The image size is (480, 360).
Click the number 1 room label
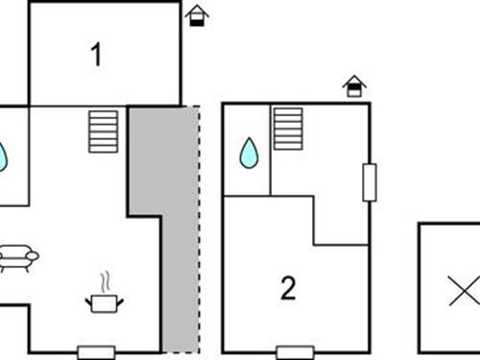(96, 56)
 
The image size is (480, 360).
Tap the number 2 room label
(288, 288)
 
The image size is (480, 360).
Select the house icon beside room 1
(197, 15)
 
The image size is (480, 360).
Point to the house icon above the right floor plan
(355, 87)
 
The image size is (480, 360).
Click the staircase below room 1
(103, 132)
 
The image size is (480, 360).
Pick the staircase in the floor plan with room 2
(287, 129)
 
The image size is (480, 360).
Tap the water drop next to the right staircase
(249, 151)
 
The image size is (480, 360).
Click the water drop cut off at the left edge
(3, 156)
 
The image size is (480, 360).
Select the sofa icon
(16, 256)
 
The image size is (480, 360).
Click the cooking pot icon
(105, 303)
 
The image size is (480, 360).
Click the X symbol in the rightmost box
(464, 291)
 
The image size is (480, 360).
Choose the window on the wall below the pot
(96, 351)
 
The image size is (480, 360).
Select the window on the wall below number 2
(292, 351)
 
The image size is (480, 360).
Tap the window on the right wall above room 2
(369, 181)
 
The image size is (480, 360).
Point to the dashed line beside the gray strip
(199, 230)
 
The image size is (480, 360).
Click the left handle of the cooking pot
(89, 300)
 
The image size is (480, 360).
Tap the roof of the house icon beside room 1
(197, 10)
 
